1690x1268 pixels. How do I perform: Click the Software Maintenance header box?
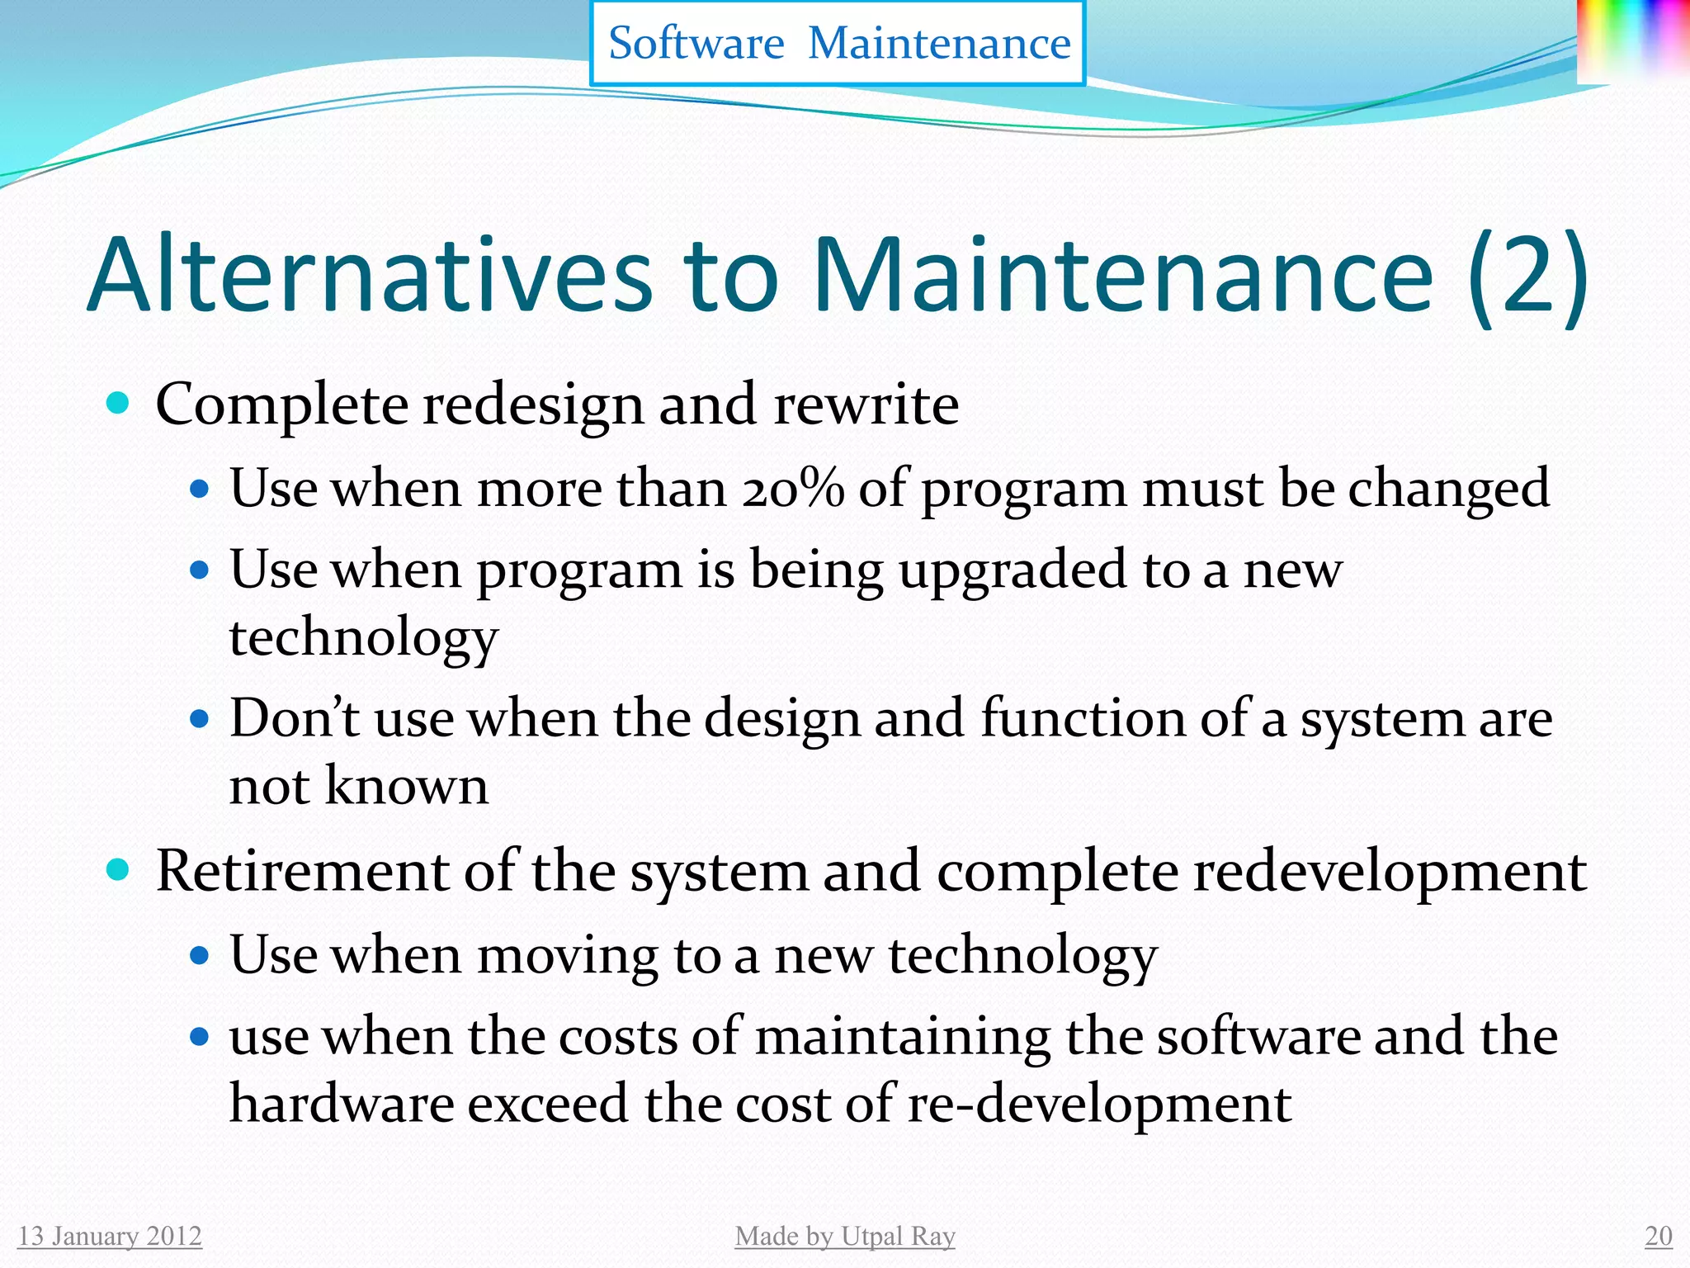pos(838,43)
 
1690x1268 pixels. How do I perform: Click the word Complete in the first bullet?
pos(281,405)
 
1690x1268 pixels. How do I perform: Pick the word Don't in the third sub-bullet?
pos(293,717)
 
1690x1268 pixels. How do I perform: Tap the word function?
pos(1082,717)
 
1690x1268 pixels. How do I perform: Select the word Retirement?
pos(302,871)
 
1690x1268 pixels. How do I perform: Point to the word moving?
pos(567,956)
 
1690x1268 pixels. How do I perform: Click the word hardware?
pos(341,1104)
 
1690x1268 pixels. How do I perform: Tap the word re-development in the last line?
pos(1099,1105)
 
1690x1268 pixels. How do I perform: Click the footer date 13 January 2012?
pos(110,1236)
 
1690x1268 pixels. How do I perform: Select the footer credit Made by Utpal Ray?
pos(845,1236)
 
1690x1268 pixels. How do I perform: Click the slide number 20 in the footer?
pos(1658,1236)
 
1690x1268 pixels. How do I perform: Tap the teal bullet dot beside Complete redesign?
pos(119,403)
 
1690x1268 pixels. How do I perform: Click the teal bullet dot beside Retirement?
pos(119,869)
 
